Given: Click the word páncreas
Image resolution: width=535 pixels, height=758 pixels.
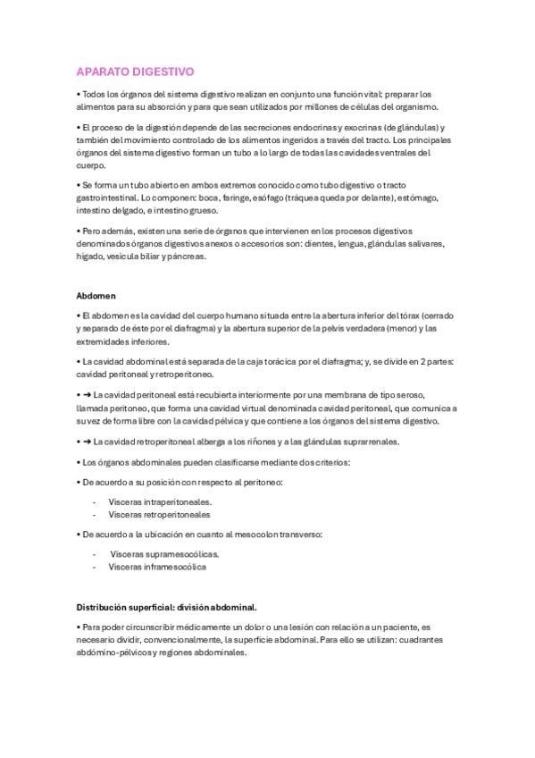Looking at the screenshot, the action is pos(186,257).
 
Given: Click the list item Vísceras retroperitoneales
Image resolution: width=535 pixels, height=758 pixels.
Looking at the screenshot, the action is pos(159,515).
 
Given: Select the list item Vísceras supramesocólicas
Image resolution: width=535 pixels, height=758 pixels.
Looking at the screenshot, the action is pos(164,554).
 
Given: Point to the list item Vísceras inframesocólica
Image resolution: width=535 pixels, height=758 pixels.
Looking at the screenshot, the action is pos(158,567).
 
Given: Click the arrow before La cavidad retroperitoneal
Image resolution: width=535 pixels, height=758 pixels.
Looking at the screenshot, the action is pos(87,442).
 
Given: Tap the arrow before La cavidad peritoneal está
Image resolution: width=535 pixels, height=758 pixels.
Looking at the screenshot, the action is pos(87,394).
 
